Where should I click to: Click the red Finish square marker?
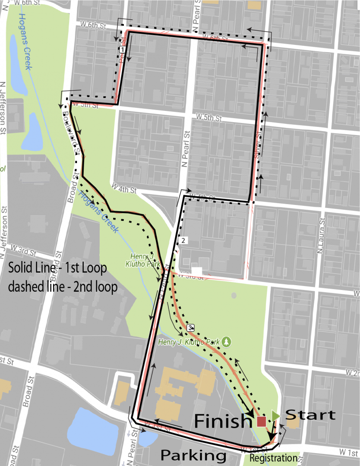[261, 421]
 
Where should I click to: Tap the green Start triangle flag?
[275, 416]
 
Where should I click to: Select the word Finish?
[223, 421]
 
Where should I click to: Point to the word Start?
[311, 415]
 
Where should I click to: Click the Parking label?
[193, 455]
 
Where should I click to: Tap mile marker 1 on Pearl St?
[123, 50]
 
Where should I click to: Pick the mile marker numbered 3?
[190, 328]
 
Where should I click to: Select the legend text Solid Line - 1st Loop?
[57, 268]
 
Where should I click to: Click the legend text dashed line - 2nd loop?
[63, 287]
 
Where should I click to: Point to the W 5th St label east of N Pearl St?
[209, 117]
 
